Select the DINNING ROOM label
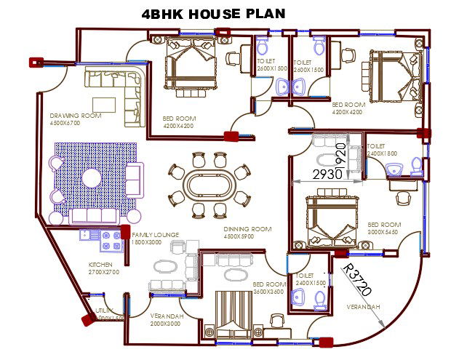coord(247,229)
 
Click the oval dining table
coord(209,183)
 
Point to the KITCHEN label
coord(100,264)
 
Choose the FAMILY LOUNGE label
coord(155,235)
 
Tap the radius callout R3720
coord(356,280)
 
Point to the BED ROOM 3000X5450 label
coord(383,228)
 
